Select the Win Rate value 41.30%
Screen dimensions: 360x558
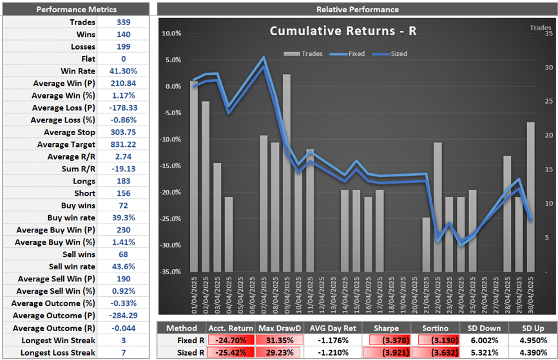tap(123, 71)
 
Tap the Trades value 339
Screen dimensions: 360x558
tap(123, 22)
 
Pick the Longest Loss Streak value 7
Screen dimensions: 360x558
tap(123, 352)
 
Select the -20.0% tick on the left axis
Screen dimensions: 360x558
tap(171, 193)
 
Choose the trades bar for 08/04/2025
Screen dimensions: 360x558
tap(275, 206)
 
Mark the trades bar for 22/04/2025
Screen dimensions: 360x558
tap(438, 206)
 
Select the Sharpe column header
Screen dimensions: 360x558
tap(385, 328)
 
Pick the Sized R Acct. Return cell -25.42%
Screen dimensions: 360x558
tap(230, 353)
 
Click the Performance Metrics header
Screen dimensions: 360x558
tap(76, 10)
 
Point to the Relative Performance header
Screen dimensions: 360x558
tap(357, 10)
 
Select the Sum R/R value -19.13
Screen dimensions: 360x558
tap(123, 169)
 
